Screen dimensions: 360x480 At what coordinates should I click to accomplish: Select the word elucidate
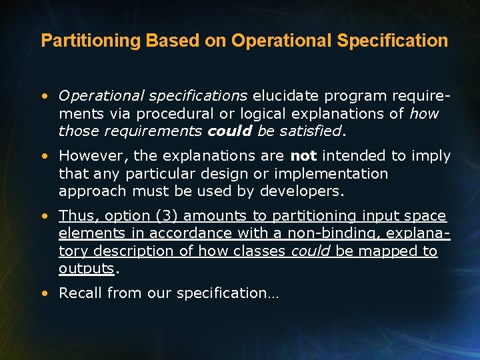coord(285,96)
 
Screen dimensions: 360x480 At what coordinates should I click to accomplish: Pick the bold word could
coord(229,131)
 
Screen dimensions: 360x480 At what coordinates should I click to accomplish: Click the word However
coord(93,156)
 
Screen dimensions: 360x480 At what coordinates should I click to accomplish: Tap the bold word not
coord(303,156)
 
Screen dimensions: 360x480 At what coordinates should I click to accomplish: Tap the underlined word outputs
coord(87,269)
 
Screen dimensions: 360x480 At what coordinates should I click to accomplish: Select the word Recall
coord(80,293)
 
